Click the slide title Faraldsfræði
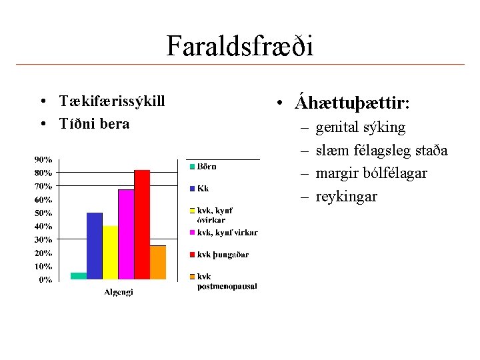(239, 45)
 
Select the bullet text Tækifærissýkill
(111, 101)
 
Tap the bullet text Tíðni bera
(94, 124)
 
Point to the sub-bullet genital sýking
(360, 127)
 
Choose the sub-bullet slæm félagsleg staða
(381, 150)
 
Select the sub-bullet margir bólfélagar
(371, 173)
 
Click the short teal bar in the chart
(79, 275)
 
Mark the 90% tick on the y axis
(44, 159)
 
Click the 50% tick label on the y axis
(44, 213)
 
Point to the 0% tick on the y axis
(45, 279)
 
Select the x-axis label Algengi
(119, 292)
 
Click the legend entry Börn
(206, 166)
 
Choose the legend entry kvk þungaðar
(223, 254)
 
